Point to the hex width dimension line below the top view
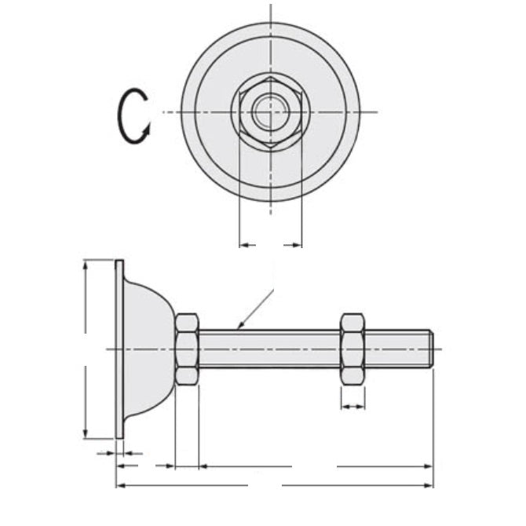[x=270, y=246]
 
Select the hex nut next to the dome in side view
[x=187, y=349]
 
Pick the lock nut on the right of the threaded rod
[x=352, y=349]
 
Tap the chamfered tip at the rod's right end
[x=430, y=349]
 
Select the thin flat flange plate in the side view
[x=119, y=349]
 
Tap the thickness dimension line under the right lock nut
[x=352, y=407]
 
